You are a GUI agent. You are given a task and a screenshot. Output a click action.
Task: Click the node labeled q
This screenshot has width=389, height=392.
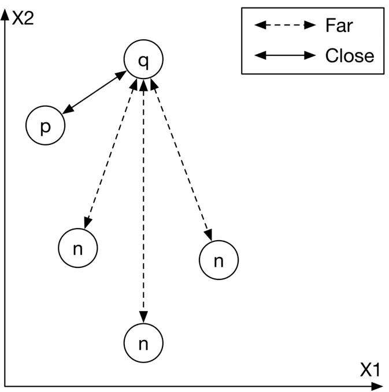pos(143,60)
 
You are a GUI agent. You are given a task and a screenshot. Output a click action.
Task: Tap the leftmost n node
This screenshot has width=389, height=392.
pos(78,248)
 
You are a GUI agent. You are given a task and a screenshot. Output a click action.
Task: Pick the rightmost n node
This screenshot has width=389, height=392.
pos(218,261)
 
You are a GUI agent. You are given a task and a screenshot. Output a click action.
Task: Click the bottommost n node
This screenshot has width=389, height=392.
pos(143,344)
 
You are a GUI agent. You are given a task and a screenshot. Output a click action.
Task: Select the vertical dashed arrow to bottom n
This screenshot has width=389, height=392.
pos(143,202)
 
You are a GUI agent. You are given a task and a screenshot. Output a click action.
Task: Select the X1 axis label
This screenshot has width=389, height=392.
pos(371,371)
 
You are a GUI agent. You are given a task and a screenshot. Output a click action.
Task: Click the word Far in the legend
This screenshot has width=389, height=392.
pos(339,25)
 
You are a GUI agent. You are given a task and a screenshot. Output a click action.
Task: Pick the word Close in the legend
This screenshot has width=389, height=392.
pos(350,56)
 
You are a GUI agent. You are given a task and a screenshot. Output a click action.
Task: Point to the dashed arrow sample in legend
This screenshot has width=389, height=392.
pos(285,25)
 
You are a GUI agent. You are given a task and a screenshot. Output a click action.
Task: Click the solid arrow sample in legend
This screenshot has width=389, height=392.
pos(285,56)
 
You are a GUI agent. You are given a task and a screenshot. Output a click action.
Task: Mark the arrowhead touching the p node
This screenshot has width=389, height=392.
pos(67,111)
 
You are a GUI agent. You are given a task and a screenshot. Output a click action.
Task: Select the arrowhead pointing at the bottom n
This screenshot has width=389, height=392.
pos(143,318)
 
